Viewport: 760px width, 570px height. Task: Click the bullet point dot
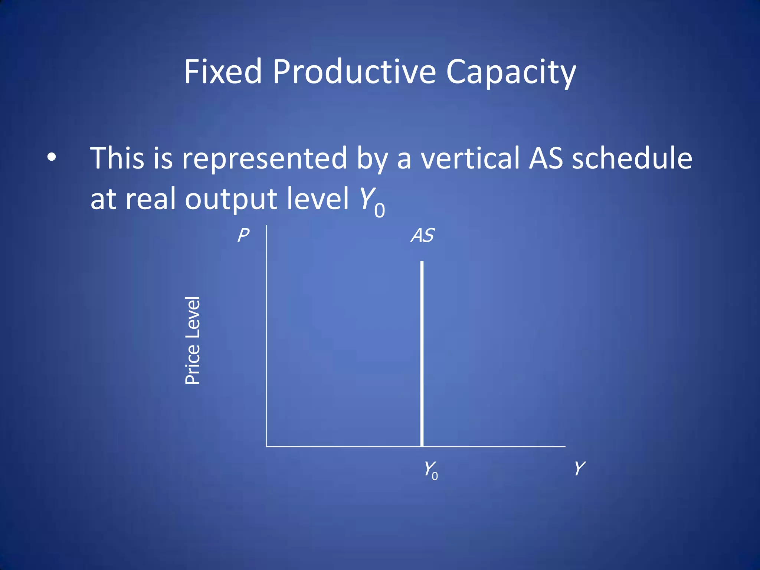(x=52, y=158)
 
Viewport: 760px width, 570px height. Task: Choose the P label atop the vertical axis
(x=243, y=235)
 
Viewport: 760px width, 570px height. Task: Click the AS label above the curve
(x=422, y=235)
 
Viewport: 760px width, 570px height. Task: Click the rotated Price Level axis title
(x=193, y=340)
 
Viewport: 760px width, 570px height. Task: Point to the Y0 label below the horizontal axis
(x=431, y=470)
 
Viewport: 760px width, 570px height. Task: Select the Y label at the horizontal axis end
(x=579, y=468)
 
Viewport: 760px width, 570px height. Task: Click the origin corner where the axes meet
(x=266, y=446)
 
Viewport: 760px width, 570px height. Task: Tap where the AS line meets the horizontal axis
(x=422, y=446)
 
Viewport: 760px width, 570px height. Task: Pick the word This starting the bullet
(x=117, y=158)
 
